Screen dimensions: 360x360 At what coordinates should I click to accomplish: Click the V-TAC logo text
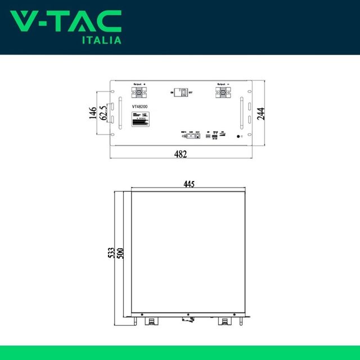(x=66, y=22)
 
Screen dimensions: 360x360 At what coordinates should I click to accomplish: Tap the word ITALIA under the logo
(x=102, y=40)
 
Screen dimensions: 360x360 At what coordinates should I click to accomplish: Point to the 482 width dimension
(x=179, y=154)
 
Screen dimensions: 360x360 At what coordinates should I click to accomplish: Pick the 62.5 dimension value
(x=103, y=114)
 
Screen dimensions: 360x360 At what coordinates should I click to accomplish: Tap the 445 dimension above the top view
(x=189, y=183)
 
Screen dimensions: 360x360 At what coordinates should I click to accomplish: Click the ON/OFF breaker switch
(x=181, y=92)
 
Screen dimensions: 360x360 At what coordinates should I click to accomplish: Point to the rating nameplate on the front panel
(x=140, y=120)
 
